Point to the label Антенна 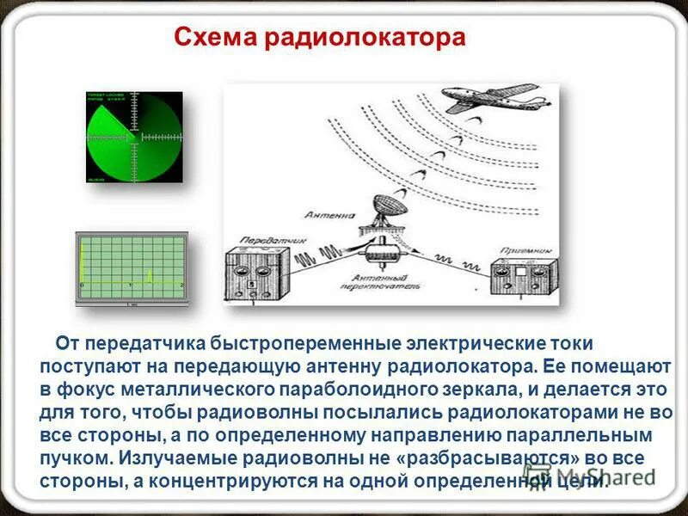[329, 213]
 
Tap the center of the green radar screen [134, 137]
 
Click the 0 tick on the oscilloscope [82, 285]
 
